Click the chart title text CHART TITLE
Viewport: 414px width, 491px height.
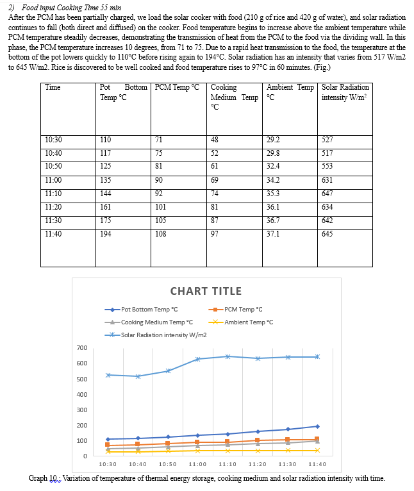(206, 291)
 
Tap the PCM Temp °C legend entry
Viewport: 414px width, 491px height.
(239, 310)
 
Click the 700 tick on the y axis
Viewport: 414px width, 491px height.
(81, 348)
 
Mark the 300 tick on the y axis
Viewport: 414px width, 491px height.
(81, 410)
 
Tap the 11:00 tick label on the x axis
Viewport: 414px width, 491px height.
(197, 464)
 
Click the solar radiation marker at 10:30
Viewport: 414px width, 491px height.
(108, 375)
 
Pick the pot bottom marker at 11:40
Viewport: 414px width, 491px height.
(317, 426)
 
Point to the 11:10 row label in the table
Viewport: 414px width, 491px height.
(54, 190)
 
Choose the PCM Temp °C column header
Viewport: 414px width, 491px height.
(178, 88)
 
